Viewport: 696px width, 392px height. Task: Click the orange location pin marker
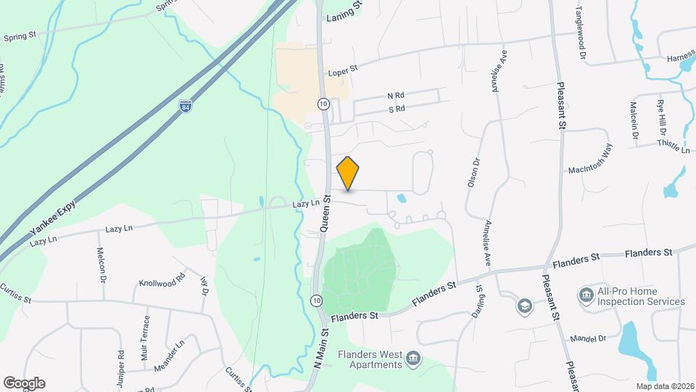coord(348,173)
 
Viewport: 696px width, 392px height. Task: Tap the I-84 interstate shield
coord(186,107)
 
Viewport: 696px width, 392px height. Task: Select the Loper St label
coord(343,71)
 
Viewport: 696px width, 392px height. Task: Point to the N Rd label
coord(395,96)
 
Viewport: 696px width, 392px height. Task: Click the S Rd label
coord(396,109)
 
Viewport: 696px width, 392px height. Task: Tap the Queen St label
coord(326,213)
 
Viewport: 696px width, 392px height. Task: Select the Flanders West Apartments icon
coord(413,357)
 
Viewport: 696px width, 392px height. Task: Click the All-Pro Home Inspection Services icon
coord(586,294)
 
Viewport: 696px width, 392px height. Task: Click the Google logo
coord(24,383)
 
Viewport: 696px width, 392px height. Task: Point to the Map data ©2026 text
coord(664,386)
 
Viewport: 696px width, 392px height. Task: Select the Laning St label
coord(344,13)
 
